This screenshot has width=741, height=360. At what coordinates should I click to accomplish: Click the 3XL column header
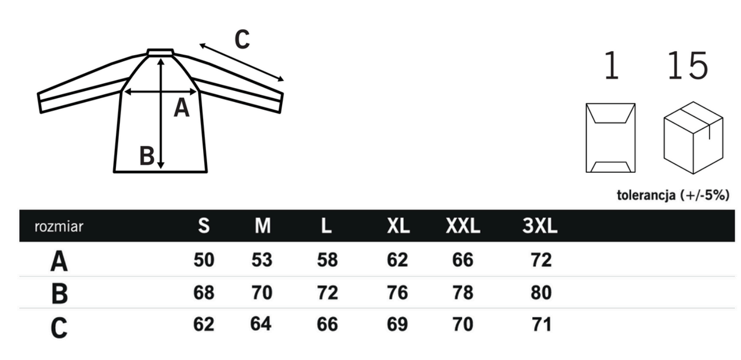[540, 226]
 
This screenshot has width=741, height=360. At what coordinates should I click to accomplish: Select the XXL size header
[463, 226]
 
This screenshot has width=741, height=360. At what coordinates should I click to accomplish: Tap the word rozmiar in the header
[59, 227]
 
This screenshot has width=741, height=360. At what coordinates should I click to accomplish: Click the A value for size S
[204, 260]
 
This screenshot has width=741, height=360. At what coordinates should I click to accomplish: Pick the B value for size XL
[397, 292]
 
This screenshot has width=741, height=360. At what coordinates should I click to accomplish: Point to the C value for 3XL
[542, 324]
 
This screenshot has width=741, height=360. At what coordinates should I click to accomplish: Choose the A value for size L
[328, 260]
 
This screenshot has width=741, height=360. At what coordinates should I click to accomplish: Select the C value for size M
[261, 324]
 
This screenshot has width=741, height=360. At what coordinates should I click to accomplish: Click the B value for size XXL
[462, 292]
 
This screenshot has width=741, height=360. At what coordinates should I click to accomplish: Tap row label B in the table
[59, 293]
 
